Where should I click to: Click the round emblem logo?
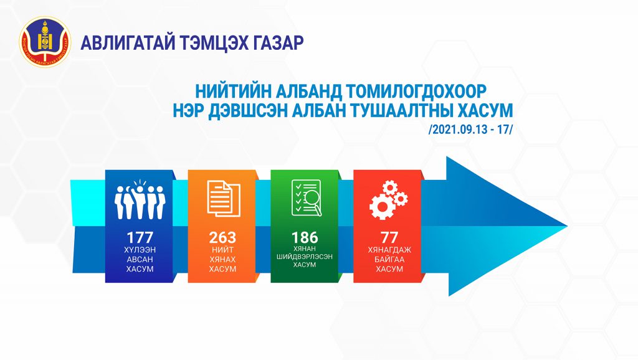point(45,42)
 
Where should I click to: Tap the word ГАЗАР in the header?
point(279,43)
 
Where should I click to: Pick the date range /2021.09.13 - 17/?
point(470,130)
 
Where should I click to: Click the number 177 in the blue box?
point(140,237)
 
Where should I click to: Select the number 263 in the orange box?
point(222,237)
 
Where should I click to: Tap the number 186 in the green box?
point(305,237)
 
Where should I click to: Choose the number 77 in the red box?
point(389,237)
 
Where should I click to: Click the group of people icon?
point(140,199)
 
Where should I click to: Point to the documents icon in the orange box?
point(224,199)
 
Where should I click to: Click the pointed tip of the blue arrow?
point(567,225)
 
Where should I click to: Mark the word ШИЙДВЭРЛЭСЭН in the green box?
point(305,257)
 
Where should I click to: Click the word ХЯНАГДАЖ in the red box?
point(389,250)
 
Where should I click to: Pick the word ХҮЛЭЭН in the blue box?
point(140,250)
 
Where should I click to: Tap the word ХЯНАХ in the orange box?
point(222,260)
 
